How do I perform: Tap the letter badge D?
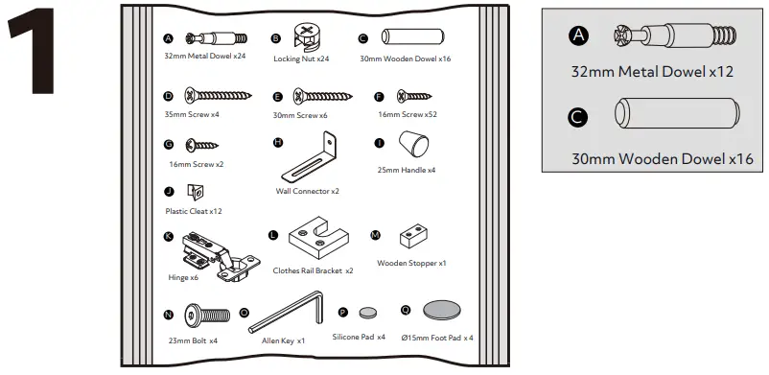tap(168, 97)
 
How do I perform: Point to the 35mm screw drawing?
tap(218, 97)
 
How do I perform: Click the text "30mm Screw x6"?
tap(300, 115)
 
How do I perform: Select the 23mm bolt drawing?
tap(205, 315)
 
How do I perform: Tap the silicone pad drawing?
tap(368, 314)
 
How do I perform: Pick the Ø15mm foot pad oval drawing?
tap(442, 310)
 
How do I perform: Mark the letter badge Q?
tap(406, 311)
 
